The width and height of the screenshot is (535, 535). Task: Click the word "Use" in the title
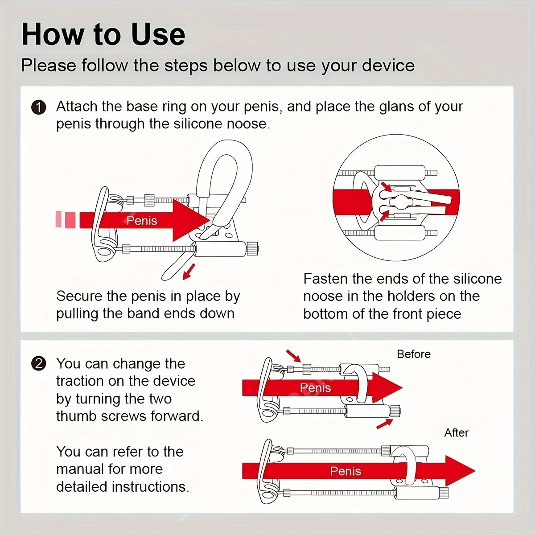(158, 35)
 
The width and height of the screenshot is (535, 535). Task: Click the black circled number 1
(39, 108)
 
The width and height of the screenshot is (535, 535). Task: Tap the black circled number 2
(39, 364)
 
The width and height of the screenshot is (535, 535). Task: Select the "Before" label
(414, 354)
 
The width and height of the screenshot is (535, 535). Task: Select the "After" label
(456, 432)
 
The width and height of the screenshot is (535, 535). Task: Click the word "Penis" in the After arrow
(346, 471)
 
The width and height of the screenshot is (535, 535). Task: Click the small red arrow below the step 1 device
(189, 272)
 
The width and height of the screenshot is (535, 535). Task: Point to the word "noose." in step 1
(248, 124)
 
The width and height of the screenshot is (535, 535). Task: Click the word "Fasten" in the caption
(325, 279)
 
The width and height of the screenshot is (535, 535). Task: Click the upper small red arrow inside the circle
(387, 187)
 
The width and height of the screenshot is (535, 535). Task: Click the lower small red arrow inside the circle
(385, 215)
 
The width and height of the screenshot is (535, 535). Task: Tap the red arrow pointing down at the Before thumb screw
(293, 356)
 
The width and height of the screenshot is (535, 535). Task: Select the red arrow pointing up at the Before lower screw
(385, 424)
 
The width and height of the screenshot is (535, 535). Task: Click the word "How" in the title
(53, 35)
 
